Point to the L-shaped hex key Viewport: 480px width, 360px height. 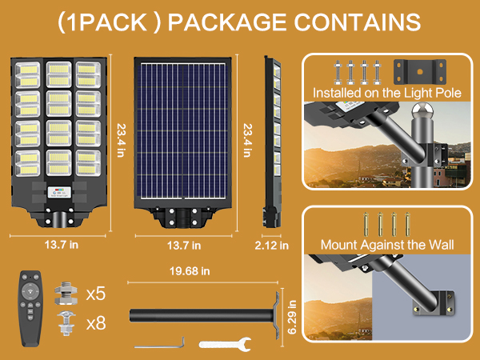pyautogui.click(x=160, y=344)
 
